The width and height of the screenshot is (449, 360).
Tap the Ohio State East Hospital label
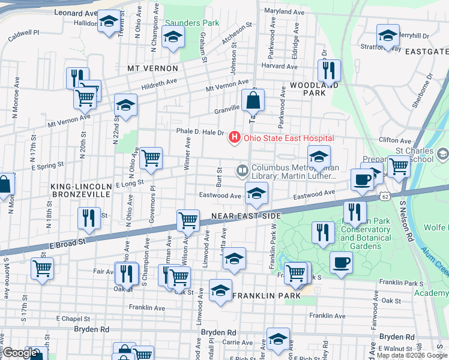click(288, 139)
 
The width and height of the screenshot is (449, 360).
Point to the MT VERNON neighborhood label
click(152, 69)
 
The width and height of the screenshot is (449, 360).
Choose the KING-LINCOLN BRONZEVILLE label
click(80, 190)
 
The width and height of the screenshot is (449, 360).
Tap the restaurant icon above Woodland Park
click(328, 70)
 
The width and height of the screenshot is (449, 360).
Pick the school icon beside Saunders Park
click(172, 39)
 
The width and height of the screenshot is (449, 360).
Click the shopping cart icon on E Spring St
click(151, 158)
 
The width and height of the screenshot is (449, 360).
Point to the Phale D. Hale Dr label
click(200, 133)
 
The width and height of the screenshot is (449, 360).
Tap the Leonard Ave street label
click(76, 12)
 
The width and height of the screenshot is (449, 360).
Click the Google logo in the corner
click(20, 353)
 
